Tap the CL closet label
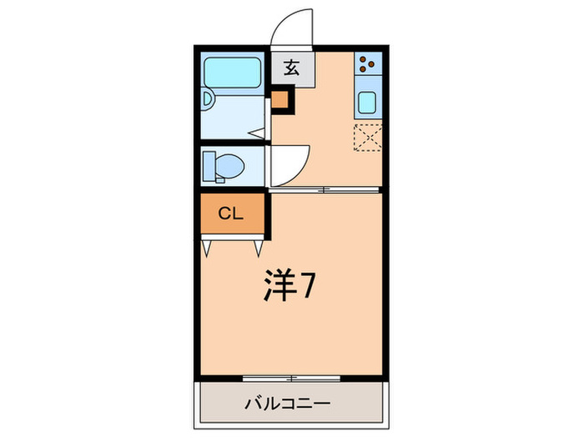231,213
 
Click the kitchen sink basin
368,103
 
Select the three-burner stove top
368,64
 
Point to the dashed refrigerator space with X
368,139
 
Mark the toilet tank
209,165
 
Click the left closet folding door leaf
207,247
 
